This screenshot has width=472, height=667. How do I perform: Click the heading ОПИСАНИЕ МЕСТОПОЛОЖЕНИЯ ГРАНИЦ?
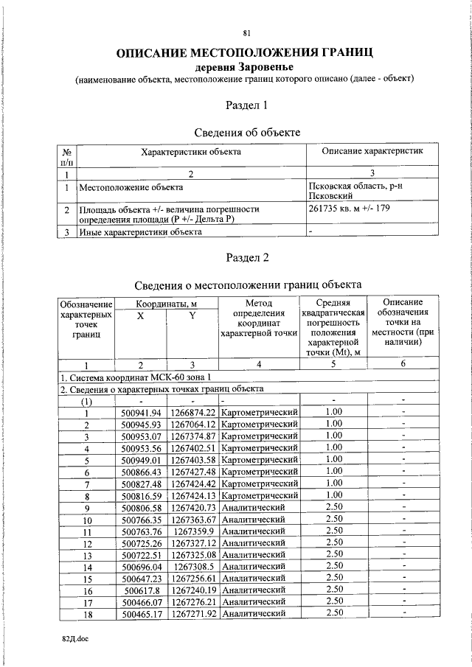coord(246,52)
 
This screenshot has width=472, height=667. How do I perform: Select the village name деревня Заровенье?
coord(246,66)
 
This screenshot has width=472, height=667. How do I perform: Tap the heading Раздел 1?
coord(246,105)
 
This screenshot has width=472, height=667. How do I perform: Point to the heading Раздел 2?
coord(246,257)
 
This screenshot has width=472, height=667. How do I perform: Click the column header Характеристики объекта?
coord(191,151)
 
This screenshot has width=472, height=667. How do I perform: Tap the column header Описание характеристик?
coord(372,151)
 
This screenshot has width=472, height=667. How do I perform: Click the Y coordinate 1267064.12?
coord(192,424)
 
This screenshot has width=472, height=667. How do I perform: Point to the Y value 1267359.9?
coord(192,530)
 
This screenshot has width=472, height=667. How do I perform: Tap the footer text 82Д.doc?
coord(75,643)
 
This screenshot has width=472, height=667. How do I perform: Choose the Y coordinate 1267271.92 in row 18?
coord(192,612)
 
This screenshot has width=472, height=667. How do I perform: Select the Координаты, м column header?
coord(166,303)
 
